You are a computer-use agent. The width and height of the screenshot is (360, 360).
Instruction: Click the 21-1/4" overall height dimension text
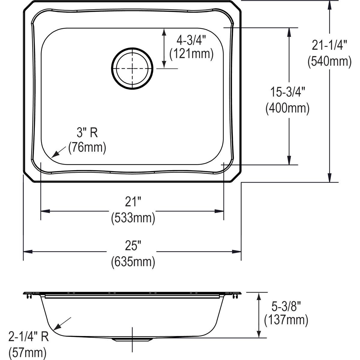pyautogui.click(x=329, y=46)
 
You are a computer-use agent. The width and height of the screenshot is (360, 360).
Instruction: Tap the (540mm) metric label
pyautogui.click(x=329, y=61)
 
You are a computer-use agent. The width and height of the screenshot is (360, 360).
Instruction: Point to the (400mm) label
pyautogui.click(x=287, y=108)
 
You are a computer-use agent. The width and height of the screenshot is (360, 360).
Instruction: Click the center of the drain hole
pyautogui.click(x=132, y=68)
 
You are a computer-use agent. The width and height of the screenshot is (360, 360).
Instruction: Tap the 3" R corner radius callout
pyautogui.click(x=87, y=133)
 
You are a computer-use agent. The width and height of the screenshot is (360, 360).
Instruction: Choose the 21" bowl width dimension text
pyautogui.click(x=133, y=203)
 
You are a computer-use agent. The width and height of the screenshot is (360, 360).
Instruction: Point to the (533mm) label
pyautogui.click(x=133, y=218)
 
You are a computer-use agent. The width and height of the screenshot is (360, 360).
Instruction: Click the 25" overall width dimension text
pyautogui.click(x=133, y=247)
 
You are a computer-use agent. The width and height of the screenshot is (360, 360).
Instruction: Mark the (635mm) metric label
pyautogui.click(x=133, y=262)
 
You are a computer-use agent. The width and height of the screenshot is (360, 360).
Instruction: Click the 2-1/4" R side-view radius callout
pyautogui.click(x=28, y=337)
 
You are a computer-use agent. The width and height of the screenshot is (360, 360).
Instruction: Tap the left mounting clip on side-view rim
pyautogui.click(x=29, y=296)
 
